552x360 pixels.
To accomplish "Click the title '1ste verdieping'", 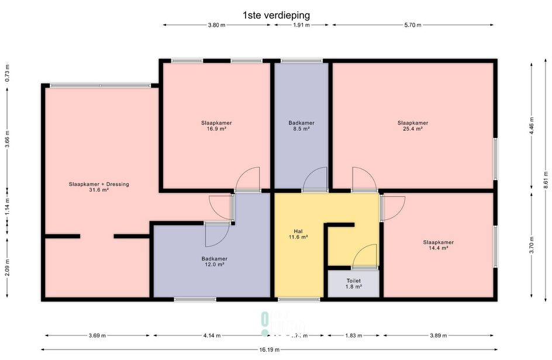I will click(x=276, y=15).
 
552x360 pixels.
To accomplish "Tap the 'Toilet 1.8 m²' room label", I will click(x=353, y=284).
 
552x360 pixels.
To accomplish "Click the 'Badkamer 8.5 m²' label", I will click(x=301, y=126).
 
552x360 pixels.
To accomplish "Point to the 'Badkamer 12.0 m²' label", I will click(x=214, y=261).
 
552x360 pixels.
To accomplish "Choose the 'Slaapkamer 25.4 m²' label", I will click(x=413, y=126).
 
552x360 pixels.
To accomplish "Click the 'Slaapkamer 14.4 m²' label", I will click(x=438, y=245).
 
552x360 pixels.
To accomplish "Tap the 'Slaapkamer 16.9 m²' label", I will click(x=216, y=126).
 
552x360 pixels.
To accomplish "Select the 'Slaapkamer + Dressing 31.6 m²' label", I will click(x=98, y=187).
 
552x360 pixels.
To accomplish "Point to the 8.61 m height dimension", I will click(x=545, y=179).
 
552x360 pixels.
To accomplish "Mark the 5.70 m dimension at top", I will click(x=412, y=25).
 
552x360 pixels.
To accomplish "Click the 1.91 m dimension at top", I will click(x=301, y=25).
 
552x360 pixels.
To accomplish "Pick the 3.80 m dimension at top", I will click(x=216, y=25).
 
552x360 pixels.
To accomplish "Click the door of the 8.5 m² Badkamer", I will click(x=316, y=179).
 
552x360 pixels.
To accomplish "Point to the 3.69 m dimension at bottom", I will click(x=98, y=336).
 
